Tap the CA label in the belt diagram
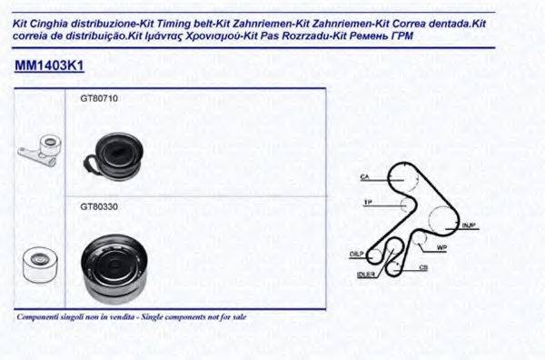click(365, 175)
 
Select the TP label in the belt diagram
click(367, 201)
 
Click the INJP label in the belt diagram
click(469, 224)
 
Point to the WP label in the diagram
click(442, 247)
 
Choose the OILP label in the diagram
click(356, 254)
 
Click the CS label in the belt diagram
click(423, 268)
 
